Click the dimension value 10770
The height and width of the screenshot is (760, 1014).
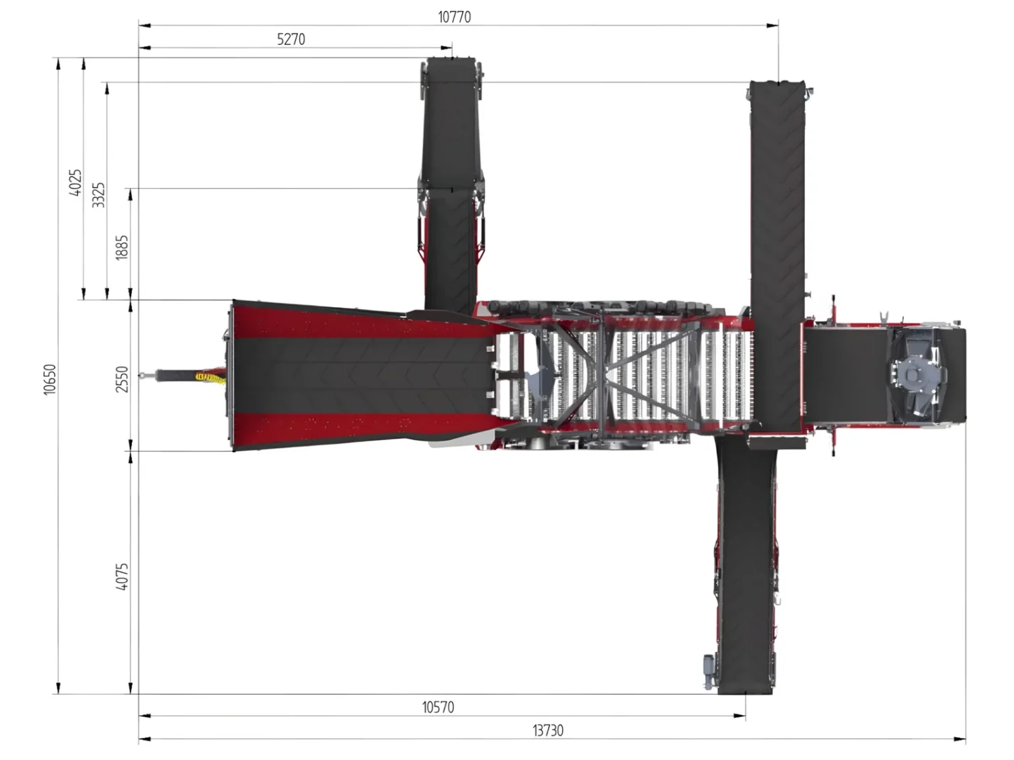454,17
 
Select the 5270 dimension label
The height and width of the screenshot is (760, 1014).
291,39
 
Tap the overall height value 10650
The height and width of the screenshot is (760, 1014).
50,379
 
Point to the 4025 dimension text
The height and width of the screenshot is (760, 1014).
75,182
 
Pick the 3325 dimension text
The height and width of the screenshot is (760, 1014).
98,195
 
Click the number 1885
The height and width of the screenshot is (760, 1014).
122,248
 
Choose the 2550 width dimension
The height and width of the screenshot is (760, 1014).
122,379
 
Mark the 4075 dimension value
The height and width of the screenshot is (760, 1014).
122,577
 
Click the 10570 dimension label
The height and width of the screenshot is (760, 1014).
438,708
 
